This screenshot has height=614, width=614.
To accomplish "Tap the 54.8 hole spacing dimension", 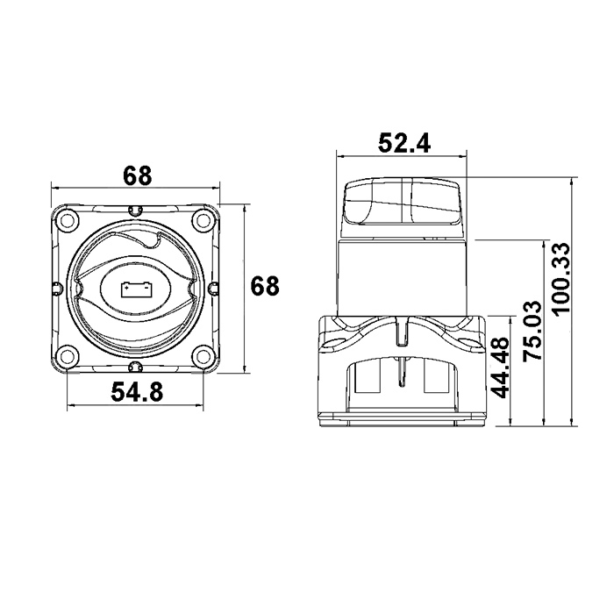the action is click(137, 391).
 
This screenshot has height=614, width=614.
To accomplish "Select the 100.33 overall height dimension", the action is click(560, 278).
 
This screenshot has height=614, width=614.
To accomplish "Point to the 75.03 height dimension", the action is click(532, 331).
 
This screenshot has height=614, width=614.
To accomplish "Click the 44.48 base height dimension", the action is click(500, 368).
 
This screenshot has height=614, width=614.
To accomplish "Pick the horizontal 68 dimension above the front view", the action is click(137, 175).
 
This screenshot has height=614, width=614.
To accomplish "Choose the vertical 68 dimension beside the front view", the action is click(265, 285).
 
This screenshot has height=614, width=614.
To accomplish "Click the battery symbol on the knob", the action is click(137, 289).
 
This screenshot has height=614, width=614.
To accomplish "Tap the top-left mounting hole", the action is click(68, 219).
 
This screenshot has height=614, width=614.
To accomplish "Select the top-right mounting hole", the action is click(203, 219).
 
